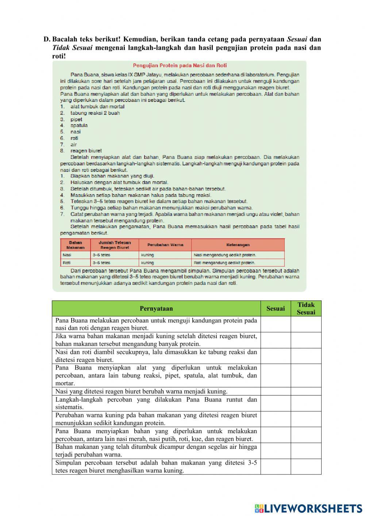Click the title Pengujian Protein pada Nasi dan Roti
(x=180, y=65)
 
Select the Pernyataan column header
(x=156, y=309)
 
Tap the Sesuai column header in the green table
(x=276, y=309)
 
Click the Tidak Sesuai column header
(x=306, y=309)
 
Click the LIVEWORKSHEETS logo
(x=308, y=508)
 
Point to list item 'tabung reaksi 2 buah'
(x=95, y=113)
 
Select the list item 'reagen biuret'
(x=86, y=150)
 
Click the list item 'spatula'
(x=79, y=125)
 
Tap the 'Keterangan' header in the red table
(x=238, y=245)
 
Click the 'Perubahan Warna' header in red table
(x=165, y=245)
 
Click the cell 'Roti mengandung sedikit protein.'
(x=238, y=263)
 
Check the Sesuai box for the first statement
(x=276, y=324)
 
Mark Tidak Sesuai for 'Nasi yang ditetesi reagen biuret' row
(x=306, y=391)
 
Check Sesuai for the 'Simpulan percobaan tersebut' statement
(x=276, y=467)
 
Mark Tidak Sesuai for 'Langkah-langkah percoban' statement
(x=306, y=403)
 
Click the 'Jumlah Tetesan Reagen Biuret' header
(x=114, y=245)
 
